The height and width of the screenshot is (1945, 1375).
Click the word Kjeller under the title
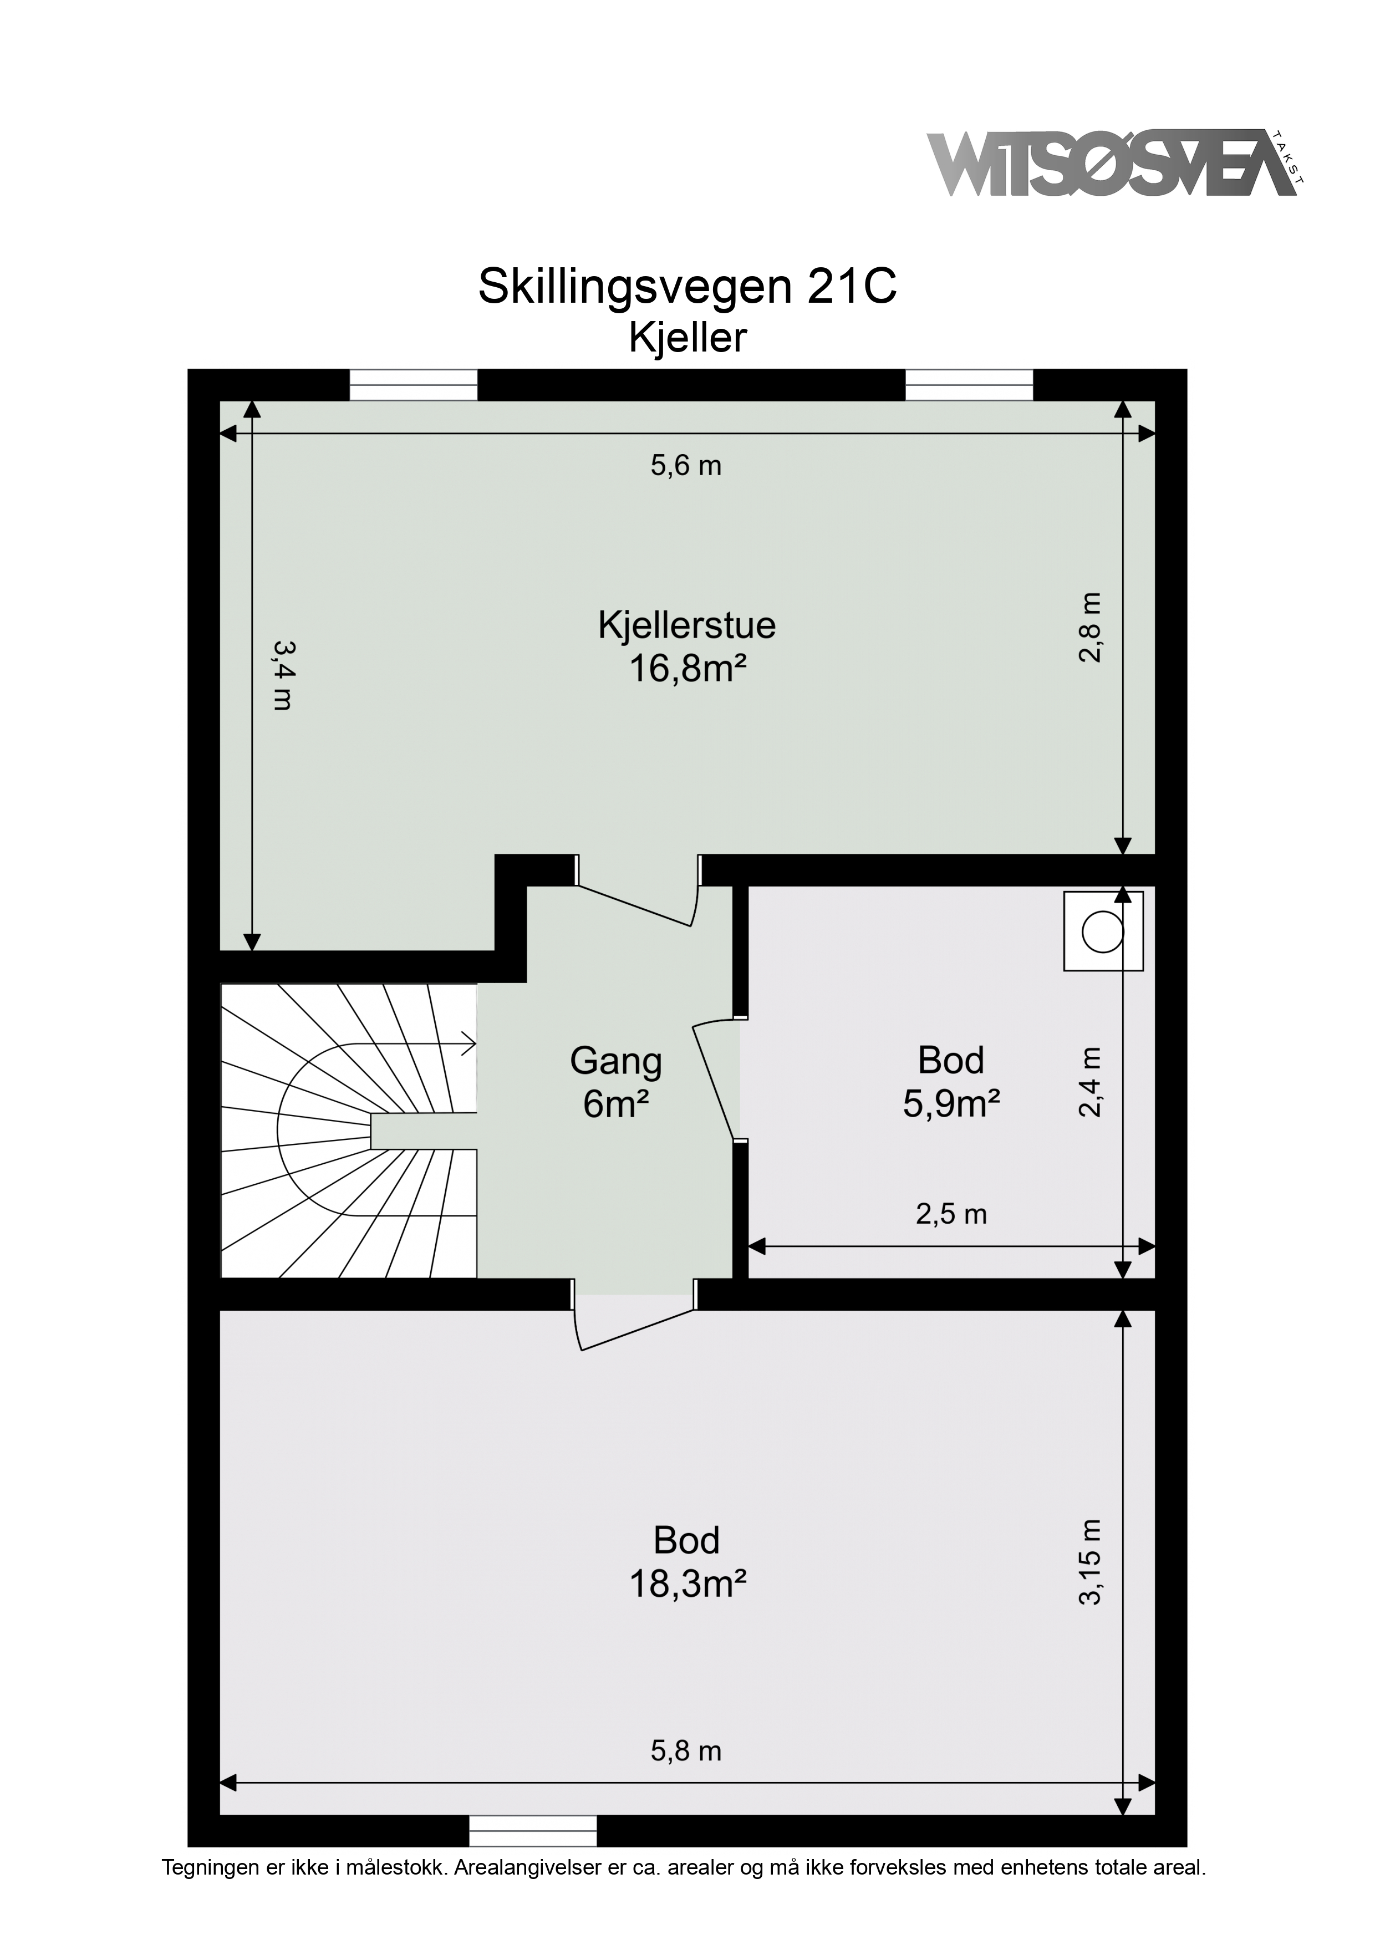point(687,338)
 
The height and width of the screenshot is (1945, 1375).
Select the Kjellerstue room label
point(687,625)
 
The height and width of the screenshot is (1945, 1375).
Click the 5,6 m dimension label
point(686,465)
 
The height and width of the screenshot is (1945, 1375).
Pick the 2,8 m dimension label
point(1091,628)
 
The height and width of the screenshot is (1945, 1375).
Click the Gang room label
point(616,1061)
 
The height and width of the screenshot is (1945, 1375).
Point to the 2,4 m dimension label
point(1091,1083)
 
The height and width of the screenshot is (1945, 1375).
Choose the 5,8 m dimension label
point(686,1751)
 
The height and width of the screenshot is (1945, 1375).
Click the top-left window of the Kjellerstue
point(414,385)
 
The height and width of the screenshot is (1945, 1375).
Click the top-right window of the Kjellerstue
point(969,385)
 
